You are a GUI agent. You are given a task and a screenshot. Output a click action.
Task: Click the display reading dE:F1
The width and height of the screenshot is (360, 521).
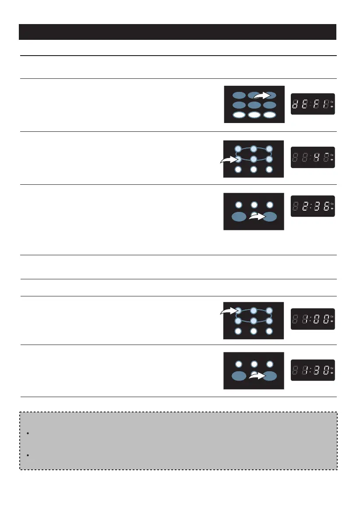[313, 104]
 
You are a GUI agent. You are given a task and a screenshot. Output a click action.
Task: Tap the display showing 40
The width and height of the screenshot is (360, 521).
[313, 157]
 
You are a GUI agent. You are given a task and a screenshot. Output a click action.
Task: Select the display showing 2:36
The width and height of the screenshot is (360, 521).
[313, 206]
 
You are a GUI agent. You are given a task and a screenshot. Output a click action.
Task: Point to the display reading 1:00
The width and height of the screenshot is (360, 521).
[313, 318]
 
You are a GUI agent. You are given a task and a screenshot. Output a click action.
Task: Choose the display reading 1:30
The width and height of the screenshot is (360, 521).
[313, 370]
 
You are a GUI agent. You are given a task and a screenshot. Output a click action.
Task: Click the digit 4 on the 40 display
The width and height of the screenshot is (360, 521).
[314, 157]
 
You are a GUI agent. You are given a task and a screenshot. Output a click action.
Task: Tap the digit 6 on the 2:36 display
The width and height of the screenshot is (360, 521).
[326, 206]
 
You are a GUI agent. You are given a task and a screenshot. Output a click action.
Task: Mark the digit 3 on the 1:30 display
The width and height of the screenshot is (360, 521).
[314, 370]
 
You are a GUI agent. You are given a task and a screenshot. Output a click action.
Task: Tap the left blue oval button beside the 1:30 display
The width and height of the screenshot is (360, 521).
[239, 375]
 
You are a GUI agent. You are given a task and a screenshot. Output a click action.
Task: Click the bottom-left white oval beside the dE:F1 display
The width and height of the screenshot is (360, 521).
[239, 115]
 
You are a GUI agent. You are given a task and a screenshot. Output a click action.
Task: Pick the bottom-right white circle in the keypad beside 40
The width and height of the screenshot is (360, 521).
[269, 169]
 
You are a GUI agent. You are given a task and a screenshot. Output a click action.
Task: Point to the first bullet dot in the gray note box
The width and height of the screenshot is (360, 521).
[27, 433]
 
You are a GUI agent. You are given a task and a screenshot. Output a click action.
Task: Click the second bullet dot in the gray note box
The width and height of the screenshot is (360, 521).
[27, 456]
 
